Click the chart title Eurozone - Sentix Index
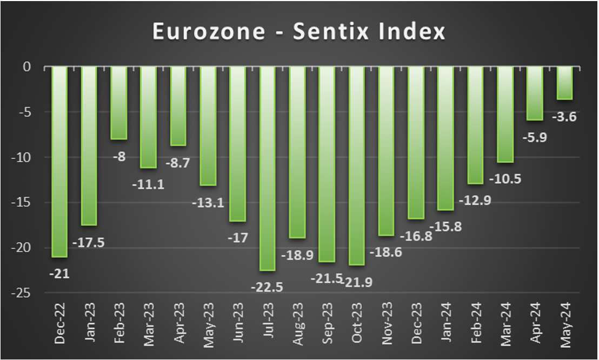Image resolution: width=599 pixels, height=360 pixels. [299, 31]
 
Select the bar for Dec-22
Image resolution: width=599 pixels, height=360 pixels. [59, 162]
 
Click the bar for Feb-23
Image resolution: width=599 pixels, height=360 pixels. [118, 103]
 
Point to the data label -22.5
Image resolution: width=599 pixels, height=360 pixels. [267, 286]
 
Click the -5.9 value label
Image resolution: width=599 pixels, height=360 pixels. [534, 137]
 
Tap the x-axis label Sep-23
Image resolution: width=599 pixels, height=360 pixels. [327, 325]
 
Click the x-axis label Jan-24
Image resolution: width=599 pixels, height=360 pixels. [446, 325]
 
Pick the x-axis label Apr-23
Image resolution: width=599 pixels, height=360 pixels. [178, 325]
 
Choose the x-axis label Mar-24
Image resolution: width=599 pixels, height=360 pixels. [505, 325]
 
